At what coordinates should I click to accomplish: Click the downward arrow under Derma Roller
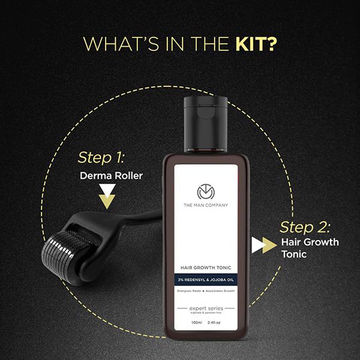click(107, 198)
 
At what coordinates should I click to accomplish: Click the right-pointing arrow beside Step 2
click(260, 245)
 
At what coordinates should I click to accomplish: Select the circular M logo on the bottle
click(206, 191)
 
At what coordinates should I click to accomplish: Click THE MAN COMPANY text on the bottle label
click(206, 206)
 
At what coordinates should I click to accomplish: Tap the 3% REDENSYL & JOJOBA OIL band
click(206, 279)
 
